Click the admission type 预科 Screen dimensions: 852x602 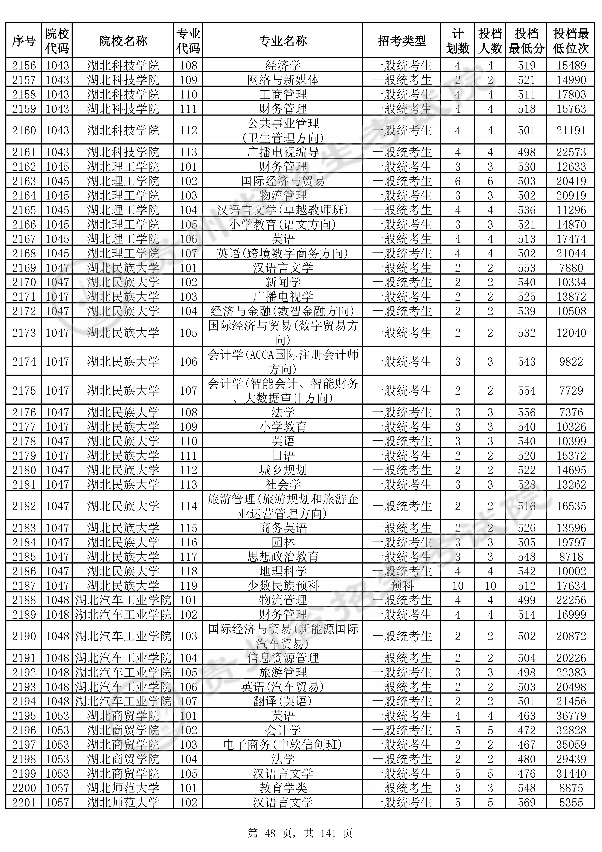[402, 586]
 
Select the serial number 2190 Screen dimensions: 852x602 [24, 636]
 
